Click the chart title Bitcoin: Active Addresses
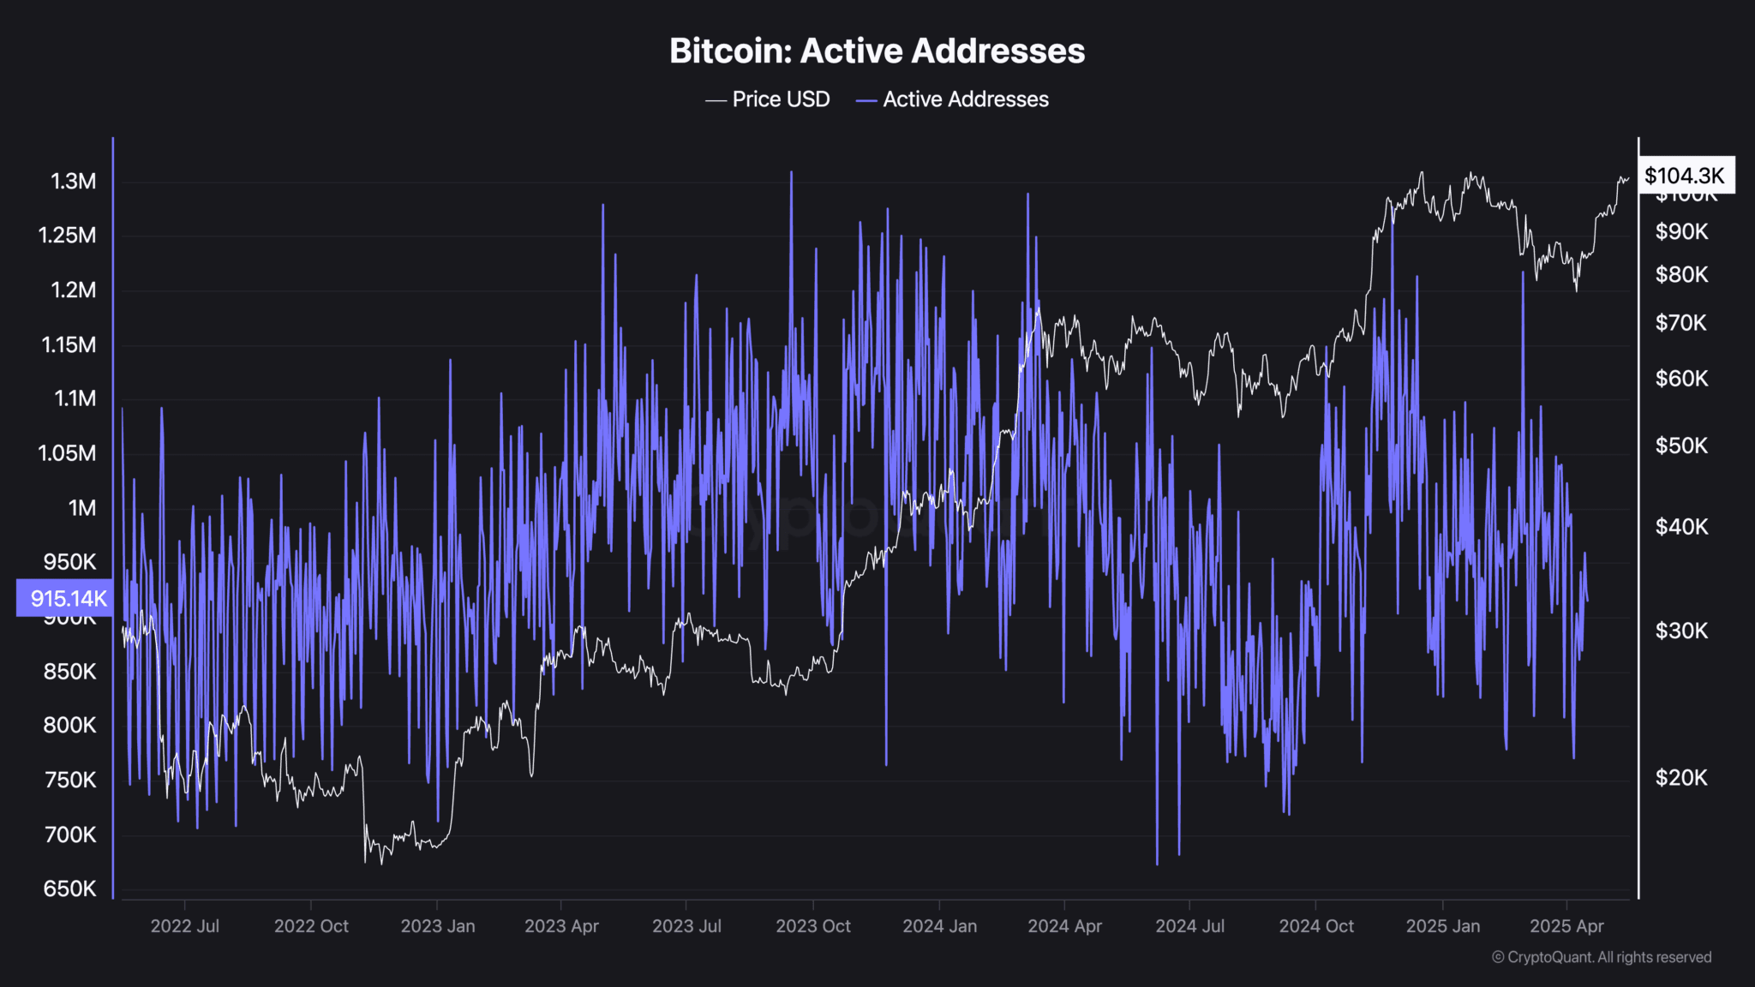pyautogui.click(x=877, y=51)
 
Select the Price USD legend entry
pyautogui.click(x=768, y=99)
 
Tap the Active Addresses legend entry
pyautogui.click(x=952, y=99)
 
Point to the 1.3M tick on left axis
pyautogui.click(x=74, y=182)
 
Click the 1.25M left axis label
pyautogui.click(x=67, y=236)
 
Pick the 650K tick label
pyautogui.click(x=69, y=888)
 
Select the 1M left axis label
pyautogui.click(x=82, y=508)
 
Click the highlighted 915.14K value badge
pyautogui.click(x=65, y=598)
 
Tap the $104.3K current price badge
pyautogui.click(x=1685, y=176)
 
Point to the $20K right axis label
pyautogui.click(x=1681, y=778)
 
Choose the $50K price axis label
pyautogui.click(x=1681, y=446)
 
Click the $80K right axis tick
pyautogui.click(x=1681, y=275)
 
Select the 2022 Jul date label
pyautogui.click(x=185, y=926)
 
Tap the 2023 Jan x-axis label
pyautogui.click(x=438, y=926)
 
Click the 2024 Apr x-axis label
pyautogui.click(x=1064, y=926)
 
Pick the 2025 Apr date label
pyautogui.click(x=1566, y=926)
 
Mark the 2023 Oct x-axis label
pyautogui.click(x=813, y=926)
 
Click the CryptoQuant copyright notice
pyautogui.click(x=1602, y=957)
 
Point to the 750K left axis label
pyautogui.click(x=69, y=781)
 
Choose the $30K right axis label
pyautogui.click(x=1681, y=631)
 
